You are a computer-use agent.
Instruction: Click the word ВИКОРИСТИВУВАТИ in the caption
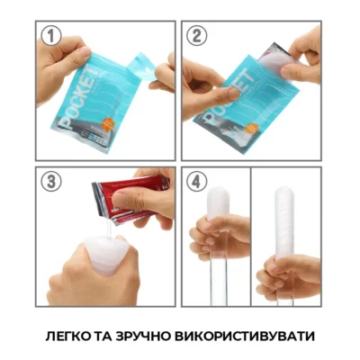(252, 336)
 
